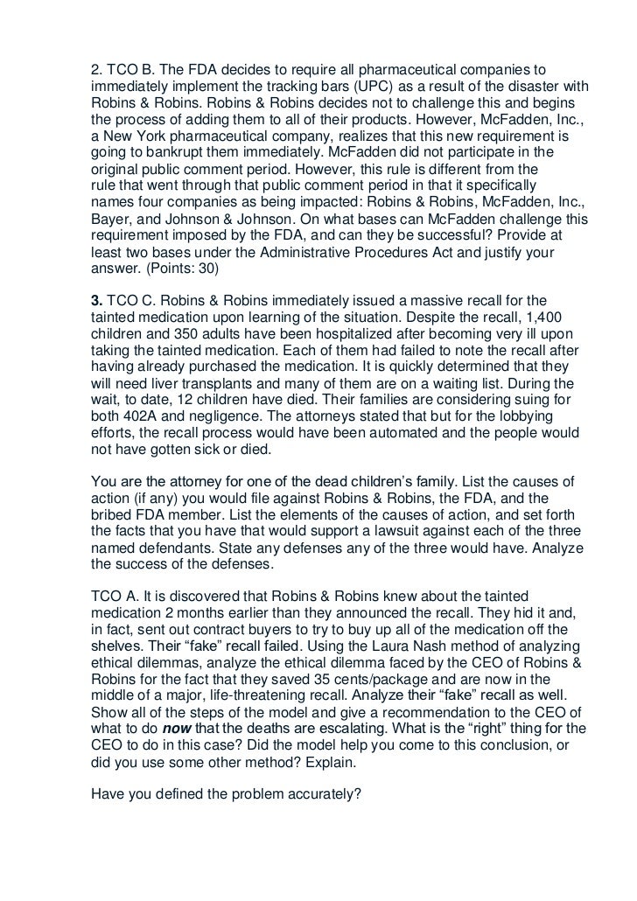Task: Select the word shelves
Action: [118, 650]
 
